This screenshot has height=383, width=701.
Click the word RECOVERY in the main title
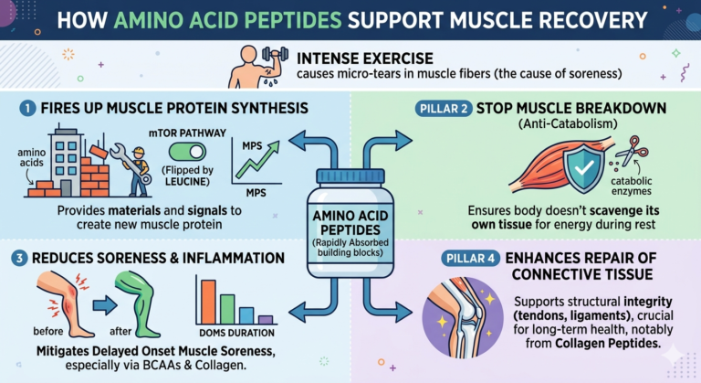pos(586,18)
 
